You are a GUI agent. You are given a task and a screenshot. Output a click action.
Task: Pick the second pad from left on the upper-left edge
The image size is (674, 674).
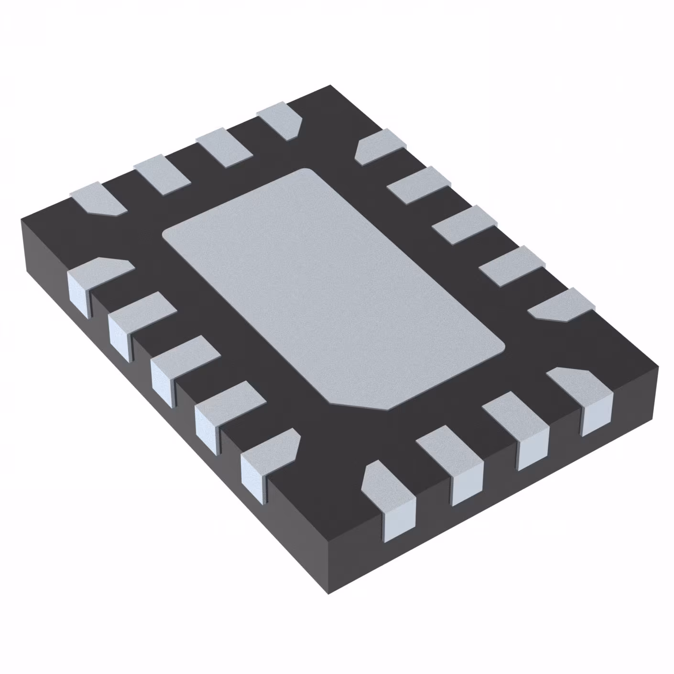pyautogui.click(x=163, y=174)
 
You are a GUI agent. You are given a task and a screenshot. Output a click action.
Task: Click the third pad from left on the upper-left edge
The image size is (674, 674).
pyautogui.click(x=224, y=148)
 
